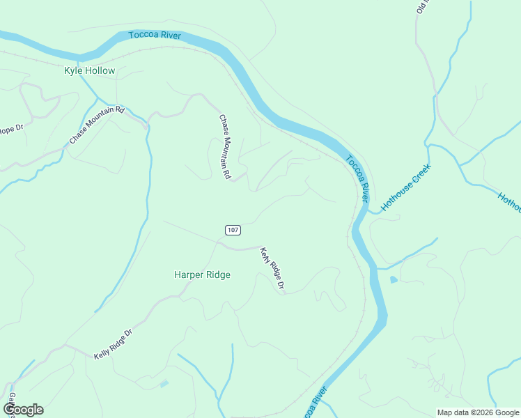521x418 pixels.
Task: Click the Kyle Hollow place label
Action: (x=89, y=71)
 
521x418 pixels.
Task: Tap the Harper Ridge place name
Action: (x=202, y=274)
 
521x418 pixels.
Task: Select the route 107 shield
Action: (x=233, y=230)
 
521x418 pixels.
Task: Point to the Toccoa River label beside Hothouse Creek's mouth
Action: (x=357, y=178)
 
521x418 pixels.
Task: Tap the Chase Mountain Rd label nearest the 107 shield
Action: (x=224, y=148)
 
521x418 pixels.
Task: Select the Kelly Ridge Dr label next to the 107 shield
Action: (x=272, y=270)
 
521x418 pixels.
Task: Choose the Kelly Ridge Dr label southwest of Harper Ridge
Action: (x=113, y=345)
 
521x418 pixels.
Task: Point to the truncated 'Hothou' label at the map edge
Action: (x=509, y=202)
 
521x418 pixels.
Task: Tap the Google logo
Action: (x=23, y=410)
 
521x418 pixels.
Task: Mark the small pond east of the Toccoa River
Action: (x=394, y=280)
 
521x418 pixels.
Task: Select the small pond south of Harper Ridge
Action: (x=164, y=383)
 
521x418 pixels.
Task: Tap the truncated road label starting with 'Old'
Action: (x=421, y=7)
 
